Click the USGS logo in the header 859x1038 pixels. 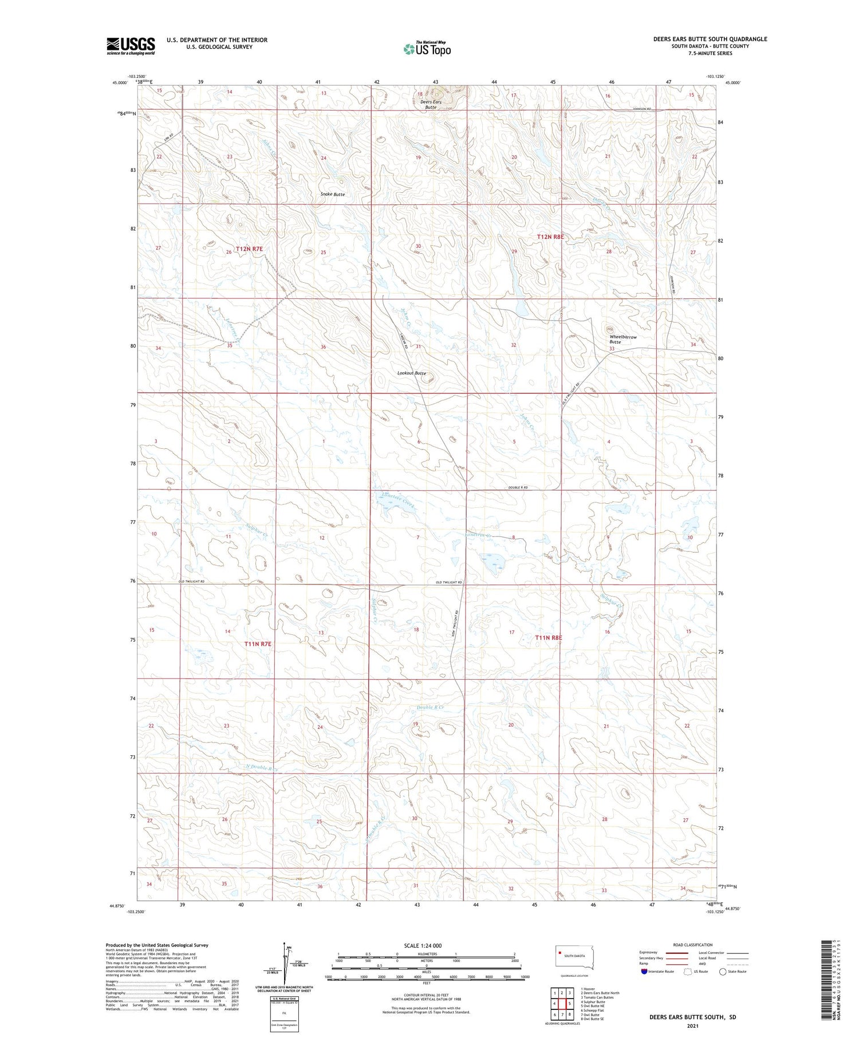(131, 46)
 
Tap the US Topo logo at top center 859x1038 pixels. (427, 49)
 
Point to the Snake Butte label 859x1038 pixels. (332, 195)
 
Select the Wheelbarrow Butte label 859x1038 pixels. (622, 340)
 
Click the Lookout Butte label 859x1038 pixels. (412, 373)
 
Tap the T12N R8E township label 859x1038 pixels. (550, 236)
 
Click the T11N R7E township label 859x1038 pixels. (257, 644)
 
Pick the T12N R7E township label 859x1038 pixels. (249, 249)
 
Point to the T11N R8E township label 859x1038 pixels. (549, 638)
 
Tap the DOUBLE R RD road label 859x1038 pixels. (517, 487)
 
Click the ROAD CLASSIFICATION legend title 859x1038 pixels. (692, 945)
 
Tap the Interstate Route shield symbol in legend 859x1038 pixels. (644, 972)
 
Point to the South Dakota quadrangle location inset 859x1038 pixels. (574, 956)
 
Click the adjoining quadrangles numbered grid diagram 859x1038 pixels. (562, 1004)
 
